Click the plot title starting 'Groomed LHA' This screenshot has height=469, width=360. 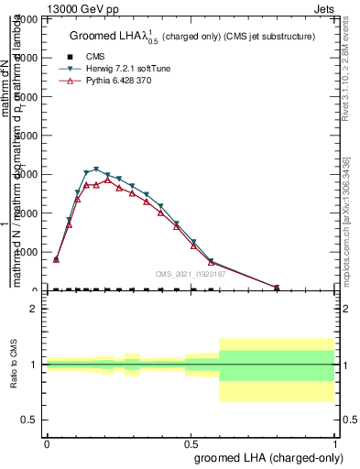pos(192,36)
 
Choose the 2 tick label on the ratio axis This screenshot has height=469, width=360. pos(33,309)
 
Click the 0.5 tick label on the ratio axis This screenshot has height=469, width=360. pos(28,420)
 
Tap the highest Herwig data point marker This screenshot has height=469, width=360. pos(96,169)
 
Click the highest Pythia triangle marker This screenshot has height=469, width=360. pos(107,180)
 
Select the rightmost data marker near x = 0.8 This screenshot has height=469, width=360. pos(277,288)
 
